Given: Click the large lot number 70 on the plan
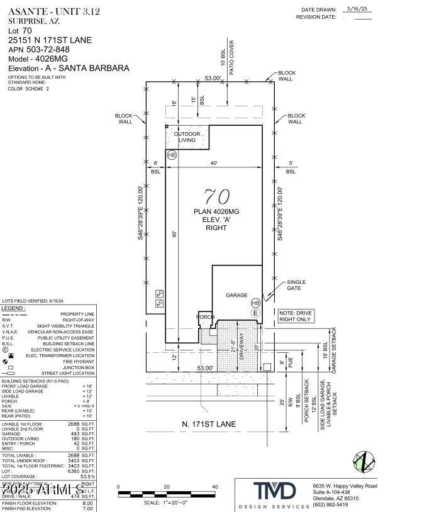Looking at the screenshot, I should [x=213, y=196].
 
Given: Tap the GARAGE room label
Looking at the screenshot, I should [x=236, y=295].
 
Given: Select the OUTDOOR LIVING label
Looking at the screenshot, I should [x=187, y=137].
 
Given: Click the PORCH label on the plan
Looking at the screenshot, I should [x=206, y=317].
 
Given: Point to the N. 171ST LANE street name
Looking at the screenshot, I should [x=209, y=425].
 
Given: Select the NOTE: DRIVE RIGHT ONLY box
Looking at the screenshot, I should [x=295, y=316].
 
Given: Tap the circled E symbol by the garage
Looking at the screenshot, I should [x=255, y=313].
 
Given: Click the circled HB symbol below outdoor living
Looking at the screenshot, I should [x=172, y=155].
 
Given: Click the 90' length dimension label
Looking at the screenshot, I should [x=175, y=234].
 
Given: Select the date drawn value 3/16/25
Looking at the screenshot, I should [x=358, y=9].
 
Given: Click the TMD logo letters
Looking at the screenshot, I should [x=274, y=491].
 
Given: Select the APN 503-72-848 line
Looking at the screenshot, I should [x=39, y=49].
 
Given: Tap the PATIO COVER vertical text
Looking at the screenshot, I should [x=231, y=63].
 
